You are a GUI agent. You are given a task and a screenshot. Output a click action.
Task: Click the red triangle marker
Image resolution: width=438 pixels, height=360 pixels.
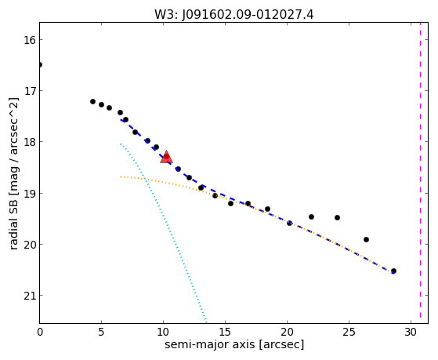166,157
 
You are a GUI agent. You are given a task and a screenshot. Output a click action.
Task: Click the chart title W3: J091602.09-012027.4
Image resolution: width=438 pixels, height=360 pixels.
234,15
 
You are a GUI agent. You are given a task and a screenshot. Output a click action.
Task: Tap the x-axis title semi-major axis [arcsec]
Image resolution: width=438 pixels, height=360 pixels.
234,344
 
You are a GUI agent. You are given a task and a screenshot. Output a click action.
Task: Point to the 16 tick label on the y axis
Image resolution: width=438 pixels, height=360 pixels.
29,40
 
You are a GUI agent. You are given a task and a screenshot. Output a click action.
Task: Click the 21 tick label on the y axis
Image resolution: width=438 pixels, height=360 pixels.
29,296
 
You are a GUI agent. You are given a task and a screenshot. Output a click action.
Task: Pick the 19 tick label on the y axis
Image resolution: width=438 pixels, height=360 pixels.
29,193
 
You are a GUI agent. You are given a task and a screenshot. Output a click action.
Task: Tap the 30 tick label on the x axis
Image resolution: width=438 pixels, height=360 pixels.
411,332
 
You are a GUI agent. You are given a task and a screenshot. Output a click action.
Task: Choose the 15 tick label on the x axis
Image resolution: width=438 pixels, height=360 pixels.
225,332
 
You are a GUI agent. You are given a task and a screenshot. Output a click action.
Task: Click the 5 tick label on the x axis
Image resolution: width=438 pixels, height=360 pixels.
101,332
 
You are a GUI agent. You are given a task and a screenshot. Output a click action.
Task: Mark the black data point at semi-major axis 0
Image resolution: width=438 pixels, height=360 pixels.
40,65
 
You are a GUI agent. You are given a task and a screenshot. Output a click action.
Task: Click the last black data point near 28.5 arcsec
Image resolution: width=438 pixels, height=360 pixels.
393,271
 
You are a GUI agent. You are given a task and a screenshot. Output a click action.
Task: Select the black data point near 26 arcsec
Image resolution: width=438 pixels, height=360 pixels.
366,239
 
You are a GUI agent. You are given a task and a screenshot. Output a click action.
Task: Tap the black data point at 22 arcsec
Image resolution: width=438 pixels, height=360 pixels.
312,216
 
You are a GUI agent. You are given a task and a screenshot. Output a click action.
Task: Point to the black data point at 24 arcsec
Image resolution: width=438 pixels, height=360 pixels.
337,217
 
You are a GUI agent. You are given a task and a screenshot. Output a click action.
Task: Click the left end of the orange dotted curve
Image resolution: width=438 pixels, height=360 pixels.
121,176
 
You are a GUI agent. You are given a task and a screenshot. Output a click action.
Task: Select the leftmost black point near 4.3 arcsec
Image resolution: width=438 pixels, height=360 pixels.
92,101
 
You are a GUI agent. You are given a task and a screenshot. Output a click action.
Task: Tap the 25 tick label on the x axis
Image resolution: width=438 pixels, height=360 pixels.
349,332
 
